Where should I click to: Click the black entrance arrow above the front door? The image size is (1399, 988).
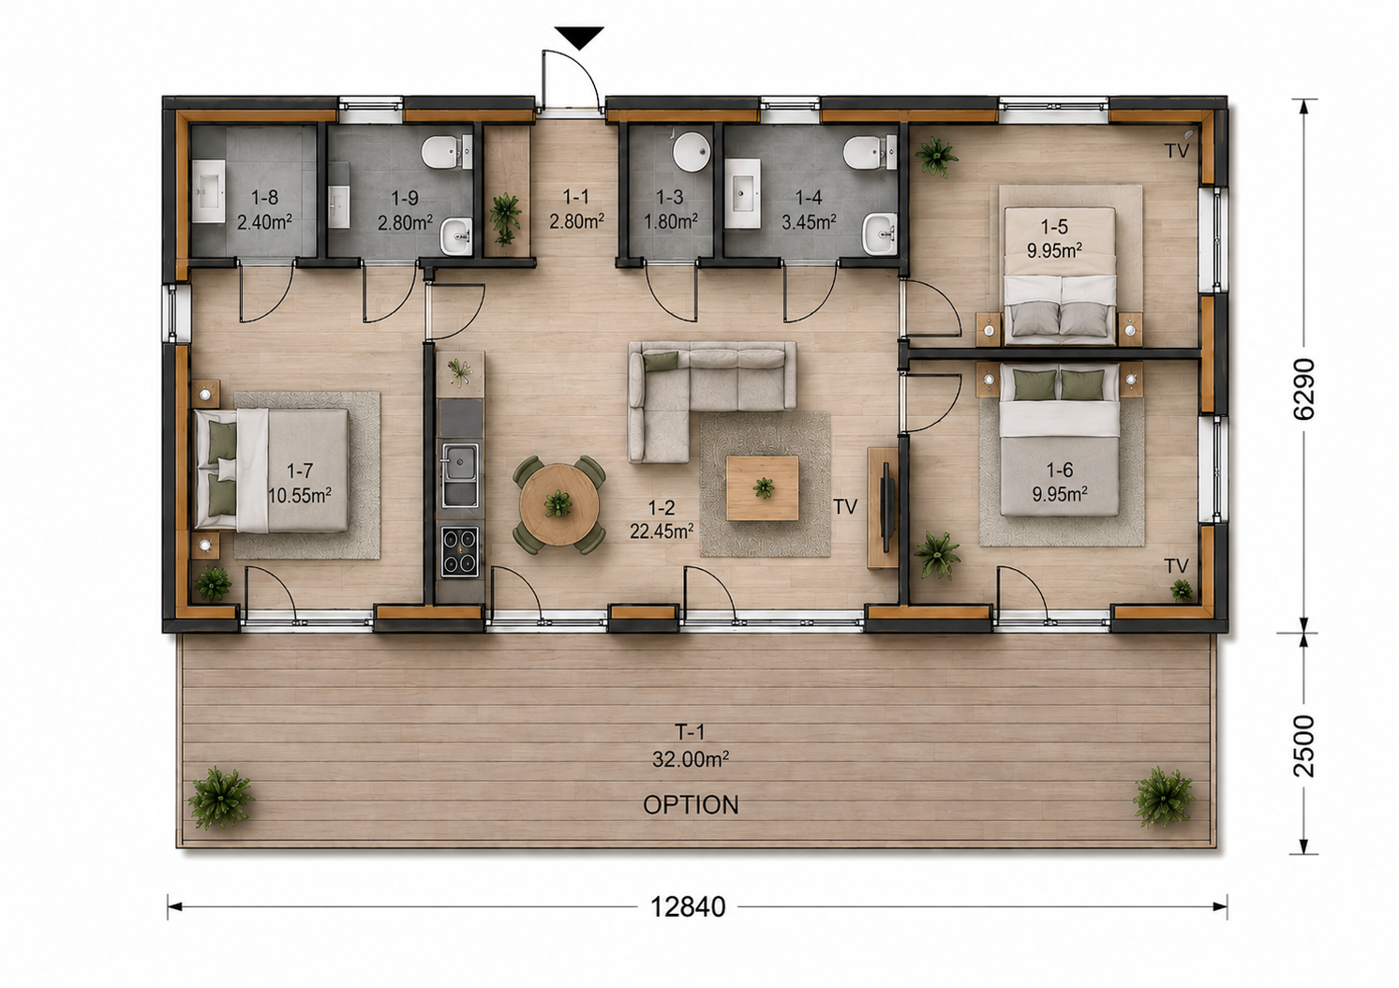579,37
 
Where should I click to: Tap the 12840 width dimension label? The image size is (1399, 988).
689,906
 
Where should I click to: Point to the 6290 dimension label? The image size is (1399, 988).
1303,389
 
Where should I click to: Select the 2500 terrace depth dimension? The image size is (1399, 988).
1303,745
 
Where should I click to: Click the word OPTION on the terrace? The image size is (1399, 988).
691,805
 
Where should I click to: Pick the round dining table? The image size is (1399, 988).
559,504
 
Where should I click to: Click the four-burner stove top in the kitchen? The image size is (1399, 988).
460,552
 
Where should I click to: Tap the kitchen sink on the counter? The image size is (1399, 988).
460,475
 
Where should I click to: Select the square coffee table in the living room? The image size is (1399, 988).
763,488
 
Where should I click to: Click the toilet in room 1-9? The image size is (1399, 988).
446,152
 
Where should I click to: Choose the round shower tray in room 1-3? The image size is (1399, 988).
692,151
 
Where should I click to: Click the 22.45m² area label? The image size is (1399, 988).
662,531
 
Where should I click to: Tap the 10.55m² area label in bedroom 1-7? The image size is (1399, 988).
300,496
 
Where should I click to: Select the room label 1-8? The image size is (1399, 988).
264,198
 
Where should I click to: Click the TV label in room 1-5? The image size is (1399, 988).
1177,151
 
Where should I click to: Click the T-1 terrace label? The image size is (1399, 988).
690,731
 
